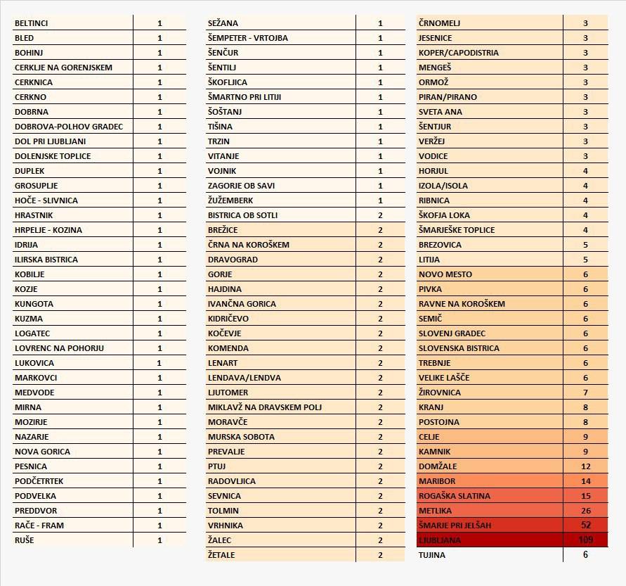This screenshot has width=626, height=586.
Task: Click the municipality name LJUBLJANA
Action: [x=440, y=540]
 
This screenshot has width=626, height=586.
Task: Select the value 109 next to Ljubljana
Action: [x=585, y=540]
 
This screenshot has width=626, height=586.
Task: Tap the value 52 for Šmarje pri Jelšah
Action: [x=585, y=525]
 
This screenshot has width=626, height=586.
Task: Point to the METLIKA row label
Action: [x=436, y=511]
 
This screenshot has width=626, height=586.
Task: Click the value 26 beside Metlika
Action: [x=585, y=511]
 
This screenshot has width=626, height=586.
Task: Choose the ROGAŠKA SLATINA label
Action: [x=454, y=496]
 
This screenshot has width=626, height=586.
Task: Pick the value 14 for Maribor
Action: [x=585, y=481]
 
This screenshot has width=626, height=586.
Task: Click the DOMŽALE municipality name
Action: [x=437, y=466]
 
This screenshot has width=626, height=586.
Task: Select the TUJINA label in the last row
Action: [x=431, y=555]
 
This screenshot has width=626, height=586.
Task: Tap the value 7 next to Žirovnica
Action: [x=585, y=393]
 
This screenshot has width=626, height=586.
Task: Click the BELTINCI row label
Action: [x=32, y=23]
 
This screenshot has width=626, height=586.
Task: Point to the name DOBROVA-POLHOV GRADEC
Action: [x=68, y=127]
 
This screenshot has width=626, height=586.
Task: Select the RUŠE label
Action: [x=24, y=540]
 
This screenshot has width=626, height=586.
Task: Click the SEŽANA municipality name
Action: [x=223, y=23]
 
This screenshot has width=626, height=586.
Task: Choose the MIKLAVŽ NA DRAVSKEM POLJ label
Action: [x=265, y=407]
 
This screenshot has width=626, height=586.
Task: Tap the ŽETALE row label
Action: [x=221, y=555]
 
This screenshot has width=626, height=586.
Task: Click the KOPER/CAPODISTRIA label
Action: [x=458, y=53]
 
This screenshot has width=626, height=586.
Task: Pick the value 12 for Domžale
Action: [x=585, y=466]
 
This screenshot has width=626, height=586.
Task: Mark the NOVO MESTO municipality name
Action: [x=445, y=274]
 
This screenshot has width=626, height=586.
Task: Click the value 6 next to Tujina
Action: [x=585, y=554]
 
